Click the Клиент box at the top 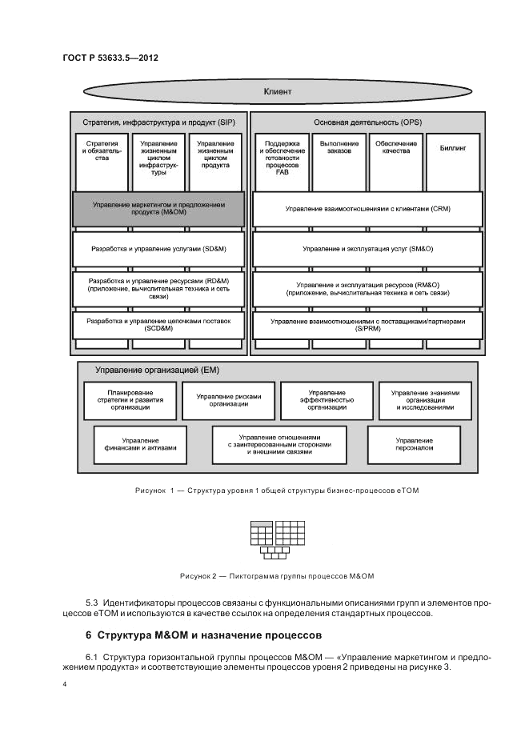(277, 92)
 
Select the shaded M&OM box (158, 209)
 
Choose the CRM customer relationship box (367, 209)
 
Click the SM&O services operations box (367, 249)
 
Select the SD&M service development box (158, 249)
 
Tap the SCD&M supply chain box (158, 325)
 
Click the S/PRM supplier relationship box (367, 325)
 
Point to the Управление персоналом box (414, 444)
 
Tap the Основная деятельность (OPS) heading (367, 122)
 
